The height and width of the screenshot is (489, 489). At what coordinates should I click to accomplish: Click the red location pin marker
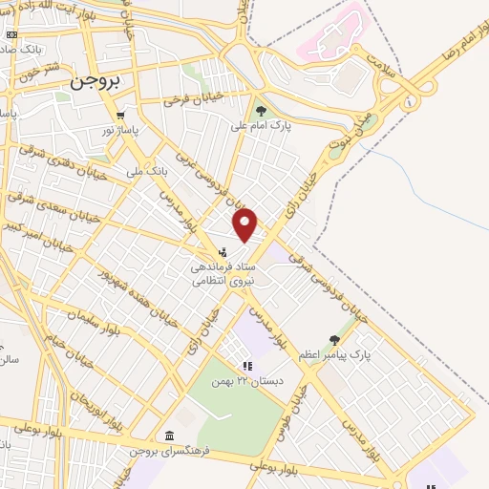(245, 225)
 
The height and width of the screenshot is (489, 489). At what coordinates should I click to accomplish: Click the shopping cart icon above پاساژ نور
(121, 116)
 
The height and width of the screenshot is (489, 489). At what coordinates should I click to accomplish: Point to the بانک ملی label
(147, 172)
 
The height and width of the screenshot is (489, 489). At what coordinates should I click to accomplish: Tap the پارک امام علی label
(261, 124)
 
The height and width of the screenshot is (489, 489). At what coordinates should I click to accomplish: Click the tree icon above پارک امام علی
(261, 111)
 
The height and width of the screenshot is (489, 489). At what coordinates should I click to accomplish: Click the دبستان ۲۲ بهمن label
(247, 380)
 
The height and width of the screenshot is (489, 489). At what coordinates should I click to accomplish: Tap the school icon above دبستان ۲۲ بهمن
(247, 366)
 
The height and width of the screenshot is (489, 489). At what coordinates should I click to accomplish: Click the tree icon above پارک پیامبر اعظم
(333, 339)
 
